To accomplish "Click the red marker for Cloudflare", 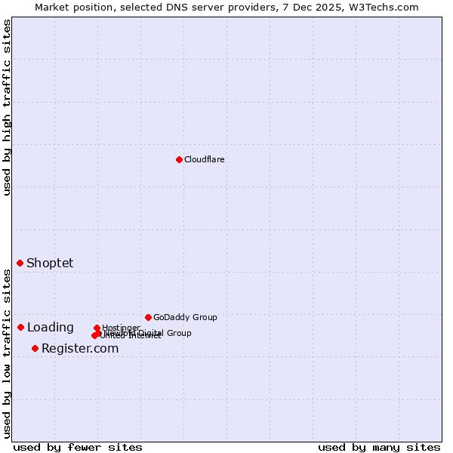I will click(x=179, y=159).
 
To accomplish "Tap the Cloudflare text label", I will click(x=205, y=159).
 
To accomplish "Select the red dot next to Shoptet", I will click(x=20, y=263).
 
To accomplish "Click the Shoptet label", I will click(x=50, y=263).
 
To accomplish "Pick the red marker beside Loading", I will click(x=21, y=327).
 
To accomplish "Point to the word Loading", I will click(x=50, y=327).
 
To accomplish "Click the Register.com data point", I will click(x=35, y=348).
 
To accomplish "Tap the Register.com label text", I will click(x=80, y=348).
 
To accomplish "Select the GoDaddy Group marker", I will click(x=148, y=317).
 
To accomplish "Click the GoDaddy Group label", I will click(x=185, y=317).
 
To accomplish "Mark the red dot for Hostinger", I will click(x=97, y=328).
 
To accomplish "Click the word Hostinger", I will click(x=121, y=328).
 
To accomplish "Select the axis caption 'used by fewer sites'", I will click(x=78, y=447).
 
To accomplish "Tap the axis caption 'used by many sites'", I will click(x=379, y=447).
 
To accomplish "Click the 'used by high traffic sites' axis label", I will click(x=7, y=107).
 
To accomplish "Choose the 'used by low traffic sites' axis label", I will click(x=7, y=353).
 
